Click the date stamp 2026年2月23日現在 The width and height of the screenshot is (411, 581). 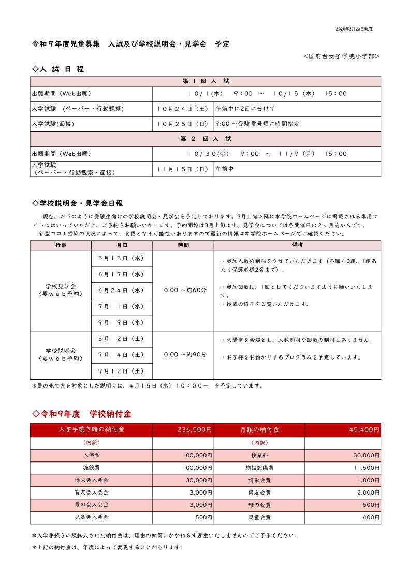[x=354, y=29]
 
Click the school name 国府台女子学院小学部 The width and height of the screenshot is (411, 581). [x=342, y=56]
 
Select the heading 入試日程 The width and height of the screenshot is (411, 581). [x=58, y=69]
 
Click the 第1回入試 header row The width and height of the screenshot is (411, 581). [x=205, y=82]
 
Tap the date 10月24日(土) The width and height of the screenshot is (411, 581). [x=183, y=109]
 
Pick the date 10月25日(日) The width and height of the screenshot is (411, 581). [x=183, y=124]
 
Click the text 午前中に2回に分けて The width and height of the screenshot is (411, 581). [x=245, y=109]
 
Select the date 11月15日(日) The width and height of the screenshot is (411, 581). [x=183, y=169]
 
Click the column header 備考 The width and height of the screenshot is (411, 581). [x=297, y=245]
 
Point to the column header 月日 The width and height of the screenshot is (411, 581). [x=122, y=245]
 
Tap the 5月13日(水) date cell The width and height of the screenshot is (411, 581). [x=122, y=258]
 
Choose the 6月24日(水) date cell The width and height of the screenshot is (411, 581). [x=122, y=291]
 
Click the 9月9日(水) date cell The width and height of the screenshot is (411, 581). [x=122, y=323]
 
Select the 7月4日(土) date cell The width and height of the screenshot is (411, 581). [x=122, y=355]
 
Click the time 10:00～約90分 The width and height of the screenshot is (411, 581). [x=183, y=355]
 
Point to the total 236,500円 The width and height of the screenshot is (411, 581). [x=195, y=430]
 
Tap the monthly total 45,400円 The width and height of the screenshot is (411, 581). [x=365, y=430]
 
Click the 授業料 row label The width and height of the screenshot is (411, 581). [x=259, y=456]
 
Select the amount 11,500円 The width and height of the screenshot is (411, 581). [x=365, y=468]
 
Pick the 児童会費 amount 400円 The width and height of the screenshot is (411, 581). [x=371, y=517]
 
